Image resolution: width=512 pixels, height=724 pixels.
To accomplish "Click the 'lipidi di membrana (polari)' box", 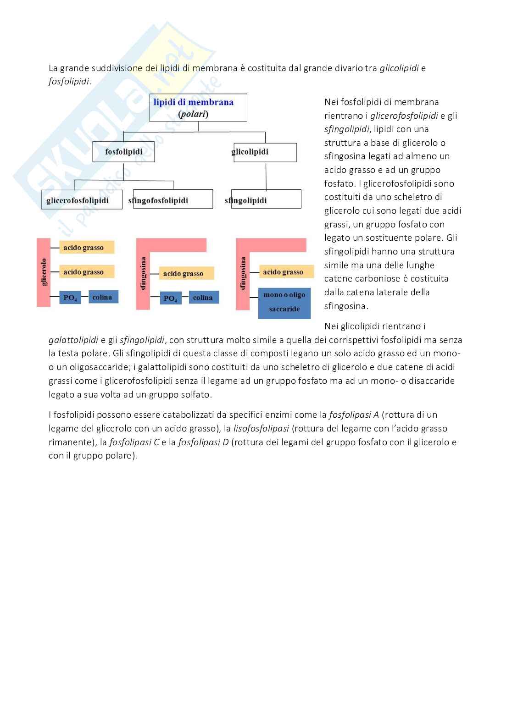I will click(198, 108).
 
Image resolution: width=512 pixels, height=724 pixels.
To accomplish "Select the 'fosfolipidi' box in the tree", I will click(123, 152).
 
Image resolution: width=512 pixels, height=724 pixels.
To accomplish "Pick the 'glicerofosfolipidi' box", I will click(82, 200).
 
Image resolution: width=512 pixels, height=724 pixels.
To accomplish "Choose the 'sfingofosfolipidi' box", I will click(173, 200).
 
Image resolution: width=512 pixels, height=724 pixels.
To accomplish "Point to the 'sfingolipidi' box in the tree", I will click(266, 200).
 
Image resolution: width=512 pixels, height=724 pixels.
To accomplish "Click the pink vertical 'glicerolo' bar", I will click(44, 272).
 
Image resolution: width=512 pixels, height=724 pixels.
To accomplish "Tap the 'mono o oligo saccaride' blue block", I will click(284, 302).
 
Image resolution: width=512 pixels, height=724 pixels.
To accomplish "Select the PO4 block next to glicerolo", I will click(70, 298).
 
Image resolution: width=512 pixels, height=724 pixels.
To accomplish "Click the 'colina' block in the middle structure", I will click(203, 298).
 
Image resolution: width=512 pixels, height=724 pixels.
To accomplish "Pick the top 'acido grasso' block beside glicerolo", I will click(87, 248).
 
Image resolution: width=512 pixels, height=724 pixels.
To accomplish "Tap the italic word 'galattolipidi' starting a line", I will click(73, 340).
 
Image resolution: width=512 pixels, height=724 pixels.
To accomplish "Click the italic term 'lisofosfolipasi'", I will click(261, 428).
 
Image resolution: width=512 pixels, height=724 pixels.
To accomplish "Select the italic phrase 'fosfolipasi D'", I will click(203, 442).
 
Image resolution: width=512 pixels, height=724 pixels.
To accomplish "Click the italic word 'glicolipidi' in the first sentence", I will click(399, 68).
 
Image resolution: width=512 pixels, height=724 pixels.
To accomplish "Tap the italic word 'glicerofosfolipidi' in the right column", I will click(404, 116).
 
